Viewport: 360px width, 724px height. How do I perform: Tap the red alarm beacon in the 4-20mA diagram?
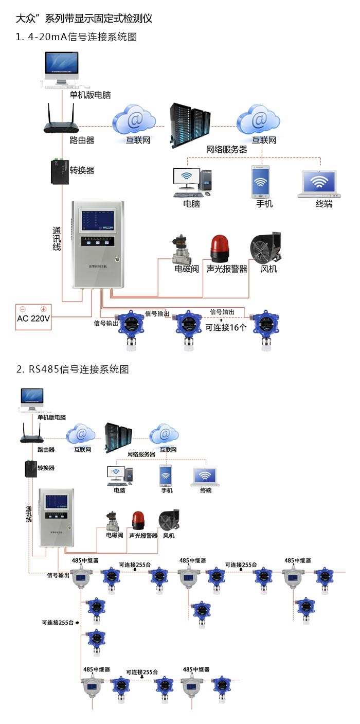tap(219, 249)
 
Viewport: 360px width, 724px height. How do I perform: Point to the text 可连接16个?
tap(226, 327)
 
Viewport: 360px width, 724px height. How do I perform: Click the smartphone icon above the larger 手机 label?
tap(261, 181)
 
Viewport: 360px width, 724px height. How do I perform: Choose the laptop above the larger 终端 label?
tap(320, 184)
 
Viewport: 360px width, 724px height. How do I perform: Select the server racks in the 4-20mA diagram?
tap(190, 125)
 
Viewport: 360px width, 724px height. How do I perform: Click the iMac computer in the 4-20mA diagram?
tap(62, 69)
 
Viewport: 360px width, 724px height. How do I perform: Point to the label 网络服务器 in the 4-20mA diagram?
tap(226, 150)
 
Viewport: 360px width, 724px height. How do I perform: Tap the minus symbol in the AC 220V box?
tap(23, 309)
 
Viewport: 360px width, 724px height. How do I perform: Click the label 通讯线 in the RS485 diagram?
tap(29, 514)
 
